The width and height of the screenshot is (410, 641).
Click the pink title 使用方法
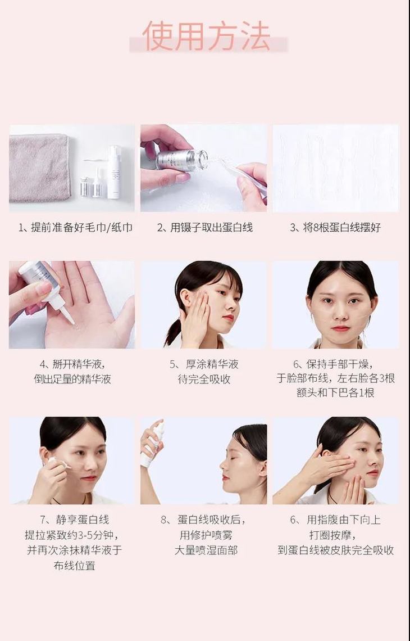coord(206,37)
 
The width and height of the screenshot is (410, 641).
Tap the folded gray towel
coord(40,167)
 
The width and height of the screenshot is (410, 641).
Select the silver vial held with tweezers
coord(181,160)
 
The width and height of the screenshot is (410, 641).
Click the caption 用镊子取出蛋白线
coord(204,228)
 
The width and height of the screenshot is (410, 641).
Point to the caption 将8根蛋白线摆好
coord(335,228)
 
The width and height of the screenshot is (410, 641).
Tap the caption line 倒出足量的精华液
coord(72,379)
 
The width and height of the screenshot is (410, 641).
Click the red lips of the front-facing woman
coord(340,328)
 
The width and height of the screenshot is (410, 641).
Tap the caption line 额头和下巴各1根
coord(335,393)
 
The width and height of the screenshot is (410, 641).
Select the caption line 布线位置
coord(74,566)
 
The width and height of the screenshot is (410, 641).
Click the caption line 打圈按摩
coord(335,535)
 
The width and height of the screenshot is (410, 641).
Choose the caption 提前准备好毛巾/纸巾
coord(76,228)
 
